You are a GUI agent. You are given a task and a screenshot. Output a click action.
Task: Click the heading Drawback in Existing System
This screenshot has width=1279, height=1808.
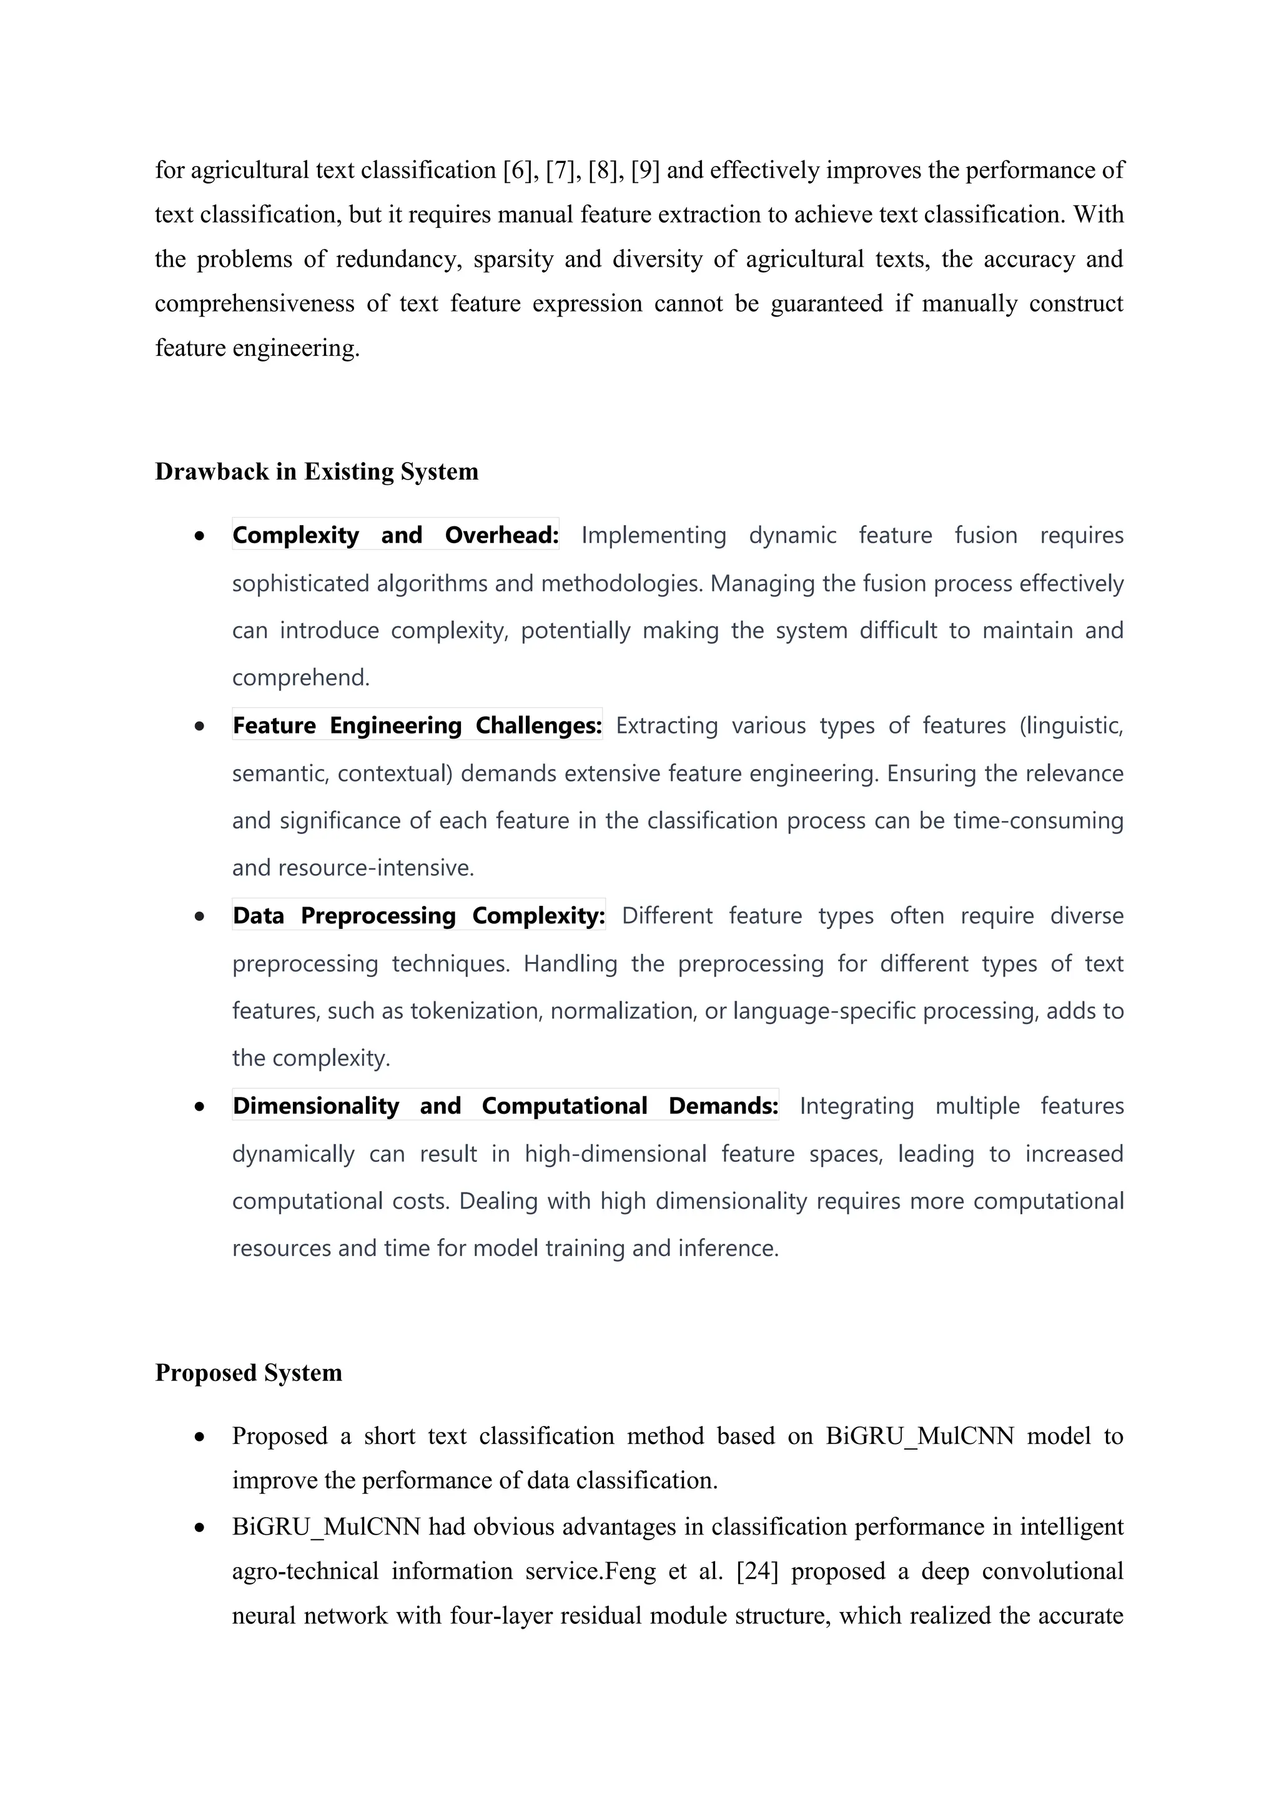coord(316,472)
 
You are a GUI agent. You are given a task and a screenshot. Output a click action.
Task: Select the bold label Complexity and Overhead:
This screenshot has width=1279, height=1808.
coord(395,536)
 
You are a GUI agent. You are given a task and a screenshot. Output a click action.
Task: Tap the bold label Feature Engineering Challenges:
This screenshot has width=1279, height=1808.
coord(417,725)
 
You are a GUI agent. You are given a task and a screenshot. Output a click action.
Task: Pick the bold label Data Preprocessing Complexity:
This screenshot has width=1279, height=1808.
coord(419,916)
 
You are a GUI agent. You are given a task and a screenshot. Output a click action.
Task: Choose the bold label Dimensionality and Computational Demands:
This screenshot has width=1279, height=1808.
coord(505,1106)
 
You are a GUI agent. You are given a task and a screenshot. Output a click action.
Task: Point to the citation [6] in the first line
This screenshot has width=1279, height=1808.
coord(518,170)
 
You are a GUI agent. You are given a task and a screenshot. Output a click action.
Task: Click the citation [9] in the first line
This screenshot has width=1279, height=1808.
coord(645,170)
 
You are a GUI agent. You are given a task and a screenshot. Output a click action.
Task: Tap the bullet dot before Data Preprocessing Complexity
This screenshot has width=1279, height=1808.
coord(200,916)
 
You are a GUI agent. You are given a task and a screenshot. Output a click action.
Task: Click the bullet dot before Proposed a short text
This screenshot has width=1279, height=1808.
coord(200,1437)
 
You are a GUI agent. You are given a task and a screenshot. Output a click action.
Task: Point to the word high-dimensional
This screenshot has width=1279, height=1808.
coord(616,1154)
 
